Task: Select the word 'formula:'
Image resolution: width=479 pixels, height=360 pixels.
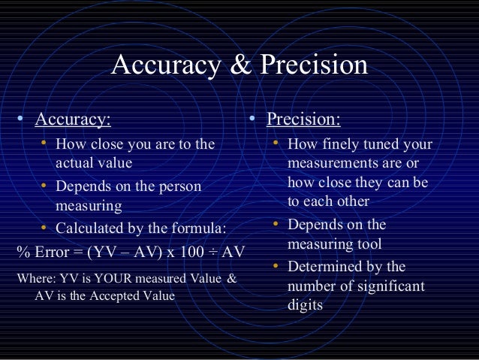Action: (197, 228)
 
